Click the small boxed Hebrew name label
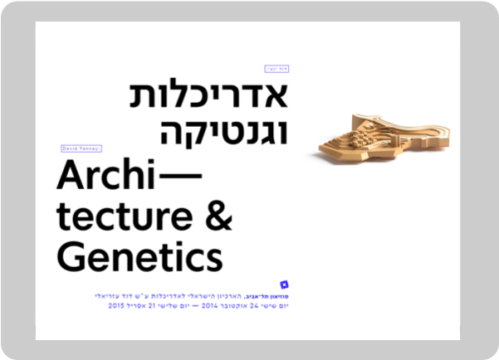pyautogui.click(x=276, y=69)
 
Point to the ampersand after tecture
pyautogui.click(x=217, y=216)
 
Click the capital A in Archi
pyautogui.click(x=71, y=175)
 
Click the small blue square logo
pyautogui.click(x=284, y=285)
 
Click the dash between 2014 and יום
pyautogui.click(x=190, y=305)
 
